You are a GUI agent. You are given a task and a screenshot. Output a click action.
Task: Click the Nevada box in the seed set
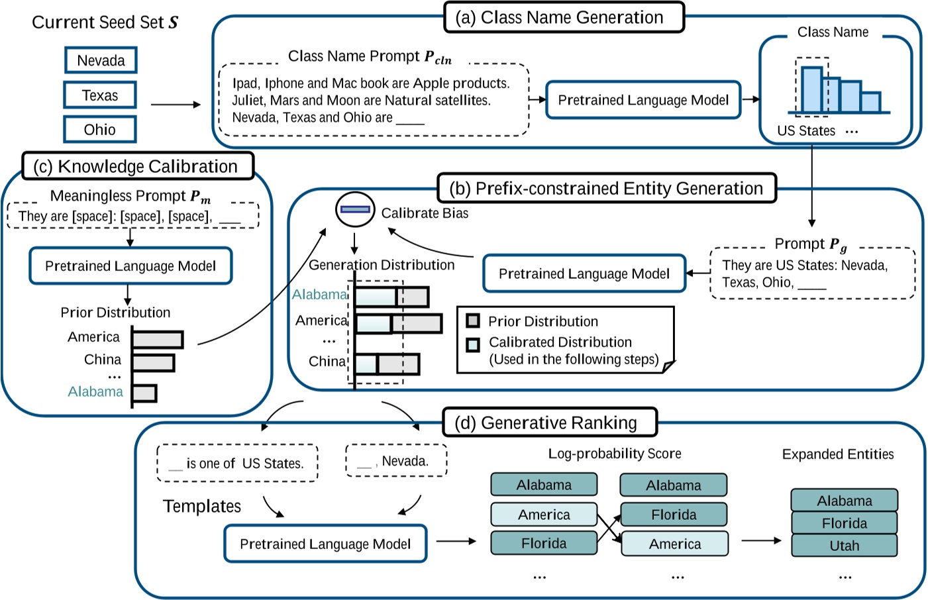click(x=101, y=60)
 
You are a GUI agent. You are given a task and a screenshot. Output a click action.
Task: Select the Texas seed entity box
click(x=100, y=95)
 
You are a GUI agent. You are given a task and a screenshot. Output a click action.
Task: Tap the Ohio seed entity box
click(x=100, y=130)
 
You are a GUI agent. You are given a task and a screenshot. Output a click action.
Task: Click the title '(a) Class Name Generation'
click(x=564, y=18)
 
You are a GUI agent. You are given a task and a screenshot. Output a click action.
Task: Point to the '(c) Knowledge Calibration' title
click(x=138, y=166)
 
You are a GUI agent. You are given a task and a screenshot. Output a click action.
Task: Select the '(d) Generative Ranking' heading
click(x=549, y=423)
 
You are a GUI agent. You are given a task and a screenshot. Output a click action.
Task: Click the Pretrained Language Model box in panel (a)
click(x=643, y=100)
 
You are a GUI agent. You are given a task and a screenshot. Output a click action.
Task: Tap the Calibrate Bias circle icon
click(x=355, y=209)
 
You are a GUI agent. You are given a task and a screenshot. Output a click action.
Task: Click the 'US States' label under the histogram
click(x=806, y=131)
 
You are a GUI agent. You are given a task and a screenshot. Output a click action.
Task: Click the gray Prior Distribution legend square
click(x=473, y=321)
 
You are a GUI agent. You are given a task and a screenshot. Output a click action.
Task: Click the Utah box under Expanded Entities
click(x=844, y=546)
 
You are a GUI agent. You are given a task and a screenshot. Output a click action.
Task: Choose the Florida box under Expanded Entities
click(x=844, y=523)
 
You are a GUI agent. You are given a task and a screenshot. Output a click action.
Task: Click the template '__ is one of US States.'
click(x=237, y=463)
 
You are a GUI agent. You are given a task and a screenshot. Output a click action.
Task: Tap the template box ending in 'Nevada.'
click(x=396, y=461)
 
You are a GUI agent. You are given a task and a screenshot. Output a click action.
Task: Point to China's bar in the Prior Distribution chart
click(x=153, y=362)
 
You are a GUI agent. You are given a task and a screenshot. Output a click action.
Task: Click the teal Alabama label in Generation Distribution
click(x=319, y=295)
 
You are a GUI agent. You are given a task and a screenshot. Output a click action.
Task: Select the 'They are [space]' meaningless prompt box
click(x=132, y=216)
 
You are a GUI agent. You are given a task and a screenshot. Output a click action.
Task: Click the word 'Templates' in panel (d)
click(x=202, y=507)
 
